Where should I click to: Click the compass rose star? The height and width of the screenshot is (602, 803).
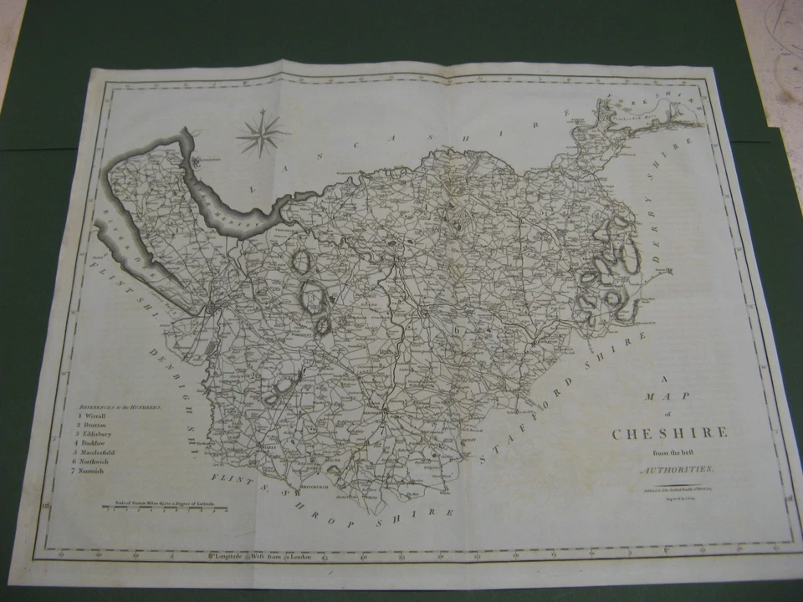(262, 133)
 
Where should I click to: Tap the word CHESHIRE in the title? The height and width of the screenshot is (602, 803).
(669, 433)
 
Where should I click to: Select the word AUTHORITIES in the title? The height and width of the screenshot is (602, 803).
(673, 471)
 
